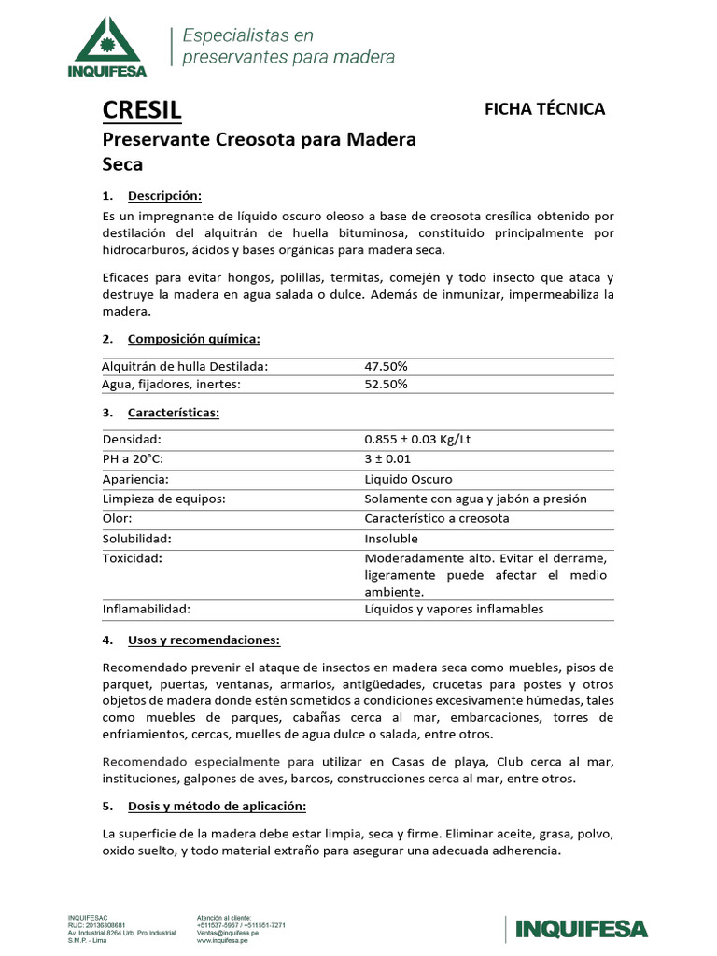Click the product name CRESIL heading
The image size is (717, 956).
pos(141,111)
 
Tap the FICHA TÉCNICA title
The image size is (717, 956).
pos(544,108)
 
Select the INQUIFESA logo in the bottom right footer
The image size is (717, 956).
pos(576,928)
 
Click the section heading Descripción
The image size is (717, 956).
pos(164,196)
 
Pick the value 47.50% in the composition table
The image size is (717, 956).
pos(386,367)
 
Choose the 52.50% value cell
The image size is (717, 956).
pos(386,384)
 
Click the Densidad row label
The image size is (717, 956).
pos(132,439)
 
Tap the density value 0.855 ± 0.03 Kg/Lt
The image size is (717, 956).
pos(424,439)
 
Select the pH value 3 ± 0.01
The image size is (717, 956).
pos(387,458)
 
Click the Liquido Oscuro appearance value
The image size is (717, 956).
pos(408,479)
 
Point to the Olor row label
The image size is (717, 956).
pos(117,518)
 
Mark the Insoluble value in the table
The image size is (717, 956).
pos(391,539)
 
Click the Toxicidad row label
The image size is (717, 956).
pos(133,558)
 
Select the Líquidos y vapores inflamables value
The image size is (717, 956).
pos(454,609)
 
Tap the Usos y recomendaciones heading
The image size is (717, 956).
pos(204,640)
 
